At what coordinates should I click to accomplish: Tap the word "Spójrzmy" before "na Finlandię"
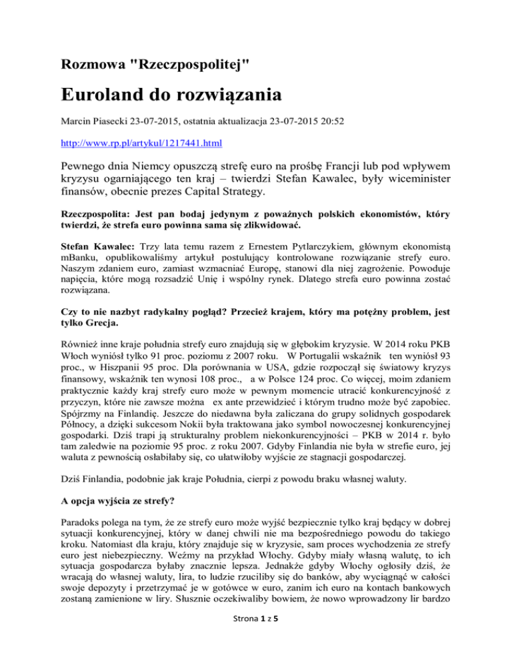coord(81,449)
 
